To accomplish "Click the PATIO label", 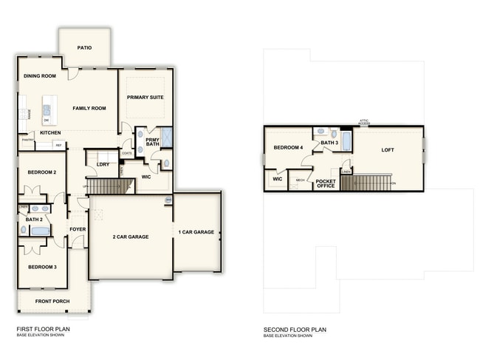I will click(85, 47).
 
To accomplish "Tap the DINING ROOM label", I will click(39, 76).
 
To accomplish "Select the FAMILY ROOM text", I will click(89, 108).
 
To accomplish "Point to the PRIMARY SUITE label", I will click(145, 98).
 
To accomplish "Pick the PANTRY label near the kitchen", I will click(27, 139).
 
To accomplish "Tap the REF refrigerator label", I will click(58, 145).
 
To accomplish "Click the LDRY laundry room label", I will click(103, 163).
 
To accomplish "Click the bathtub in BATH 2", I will click(40, 231).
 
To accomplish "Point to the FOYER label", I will click(78, 229).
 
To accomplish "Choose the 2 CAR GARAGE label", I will click(130, 237).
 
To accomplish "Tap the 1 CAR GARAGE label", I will click(196, 232).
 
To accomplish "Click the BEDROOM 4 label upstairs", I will click(288, 148).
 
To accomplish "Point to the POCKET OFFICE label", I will click(326, 183).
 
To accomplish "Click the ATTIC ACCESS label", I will click(364, 122).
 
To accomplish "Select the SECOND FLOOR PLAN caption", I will click(295, 330).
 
